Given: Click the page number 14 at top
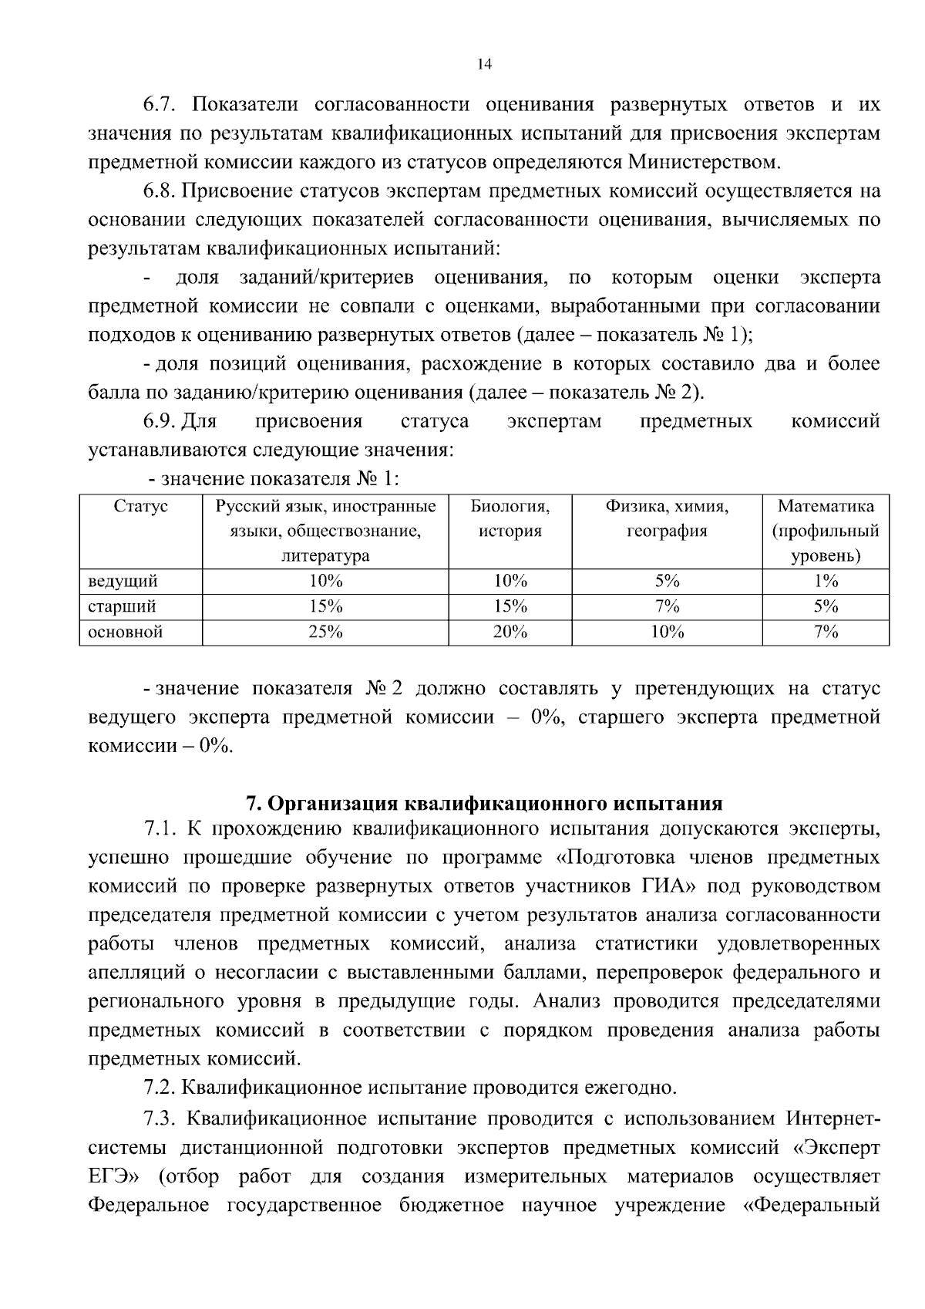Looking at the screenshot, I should tap(484, 65).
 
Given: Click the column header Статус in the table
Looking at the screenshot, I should tap(140, 507).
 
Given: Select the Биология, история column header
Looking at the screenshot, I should tap(510, 518).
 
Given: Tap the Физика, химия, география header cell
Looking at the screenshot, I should tap(667, 518).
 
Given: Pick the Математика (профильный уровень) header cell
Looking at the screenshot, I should tap(825, 531).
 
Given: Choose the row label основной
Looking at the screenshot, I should tap(126, 633).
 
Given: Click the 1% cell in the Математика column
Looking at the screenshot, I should tap(826, 581).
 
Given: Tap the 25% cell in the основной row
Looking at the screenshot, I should tap(325, 633).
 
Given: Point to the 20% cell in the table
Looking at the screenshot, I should tap(510, 633).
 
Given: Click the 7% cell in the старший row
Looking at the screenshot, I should tap(667, 606).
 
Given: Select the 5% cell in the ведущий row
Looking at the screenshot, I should tap(667, 581).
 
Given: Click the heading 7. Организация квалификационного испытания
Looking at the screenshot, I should tap(483, 804).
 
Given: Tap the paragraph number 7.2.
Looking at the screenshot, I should tap(160, 1088).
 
